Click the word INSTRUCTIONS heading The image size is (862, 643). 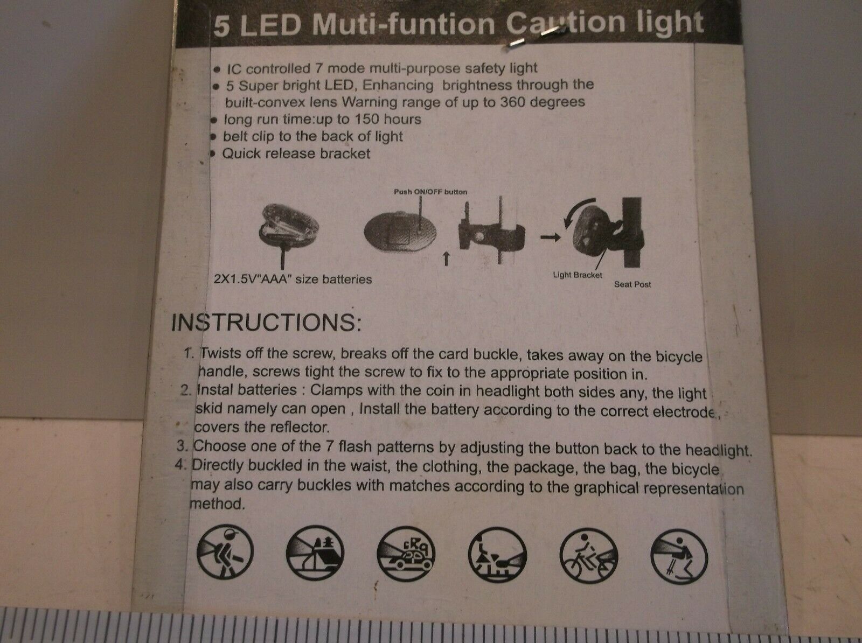point(266,323)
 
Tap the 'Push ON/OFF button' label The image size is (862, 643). point(430,192)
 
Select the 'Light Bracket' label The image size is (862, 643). point(578,275)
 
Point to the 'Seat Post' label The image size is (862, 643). point(632,284)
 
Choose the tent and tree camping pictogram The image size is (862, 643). point(315,553)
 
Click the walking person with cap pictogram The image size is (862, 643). point(225,551)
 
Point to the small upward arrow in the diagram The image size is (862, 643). point(446,259)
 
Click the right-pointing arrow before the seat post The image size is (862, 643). point(550,237)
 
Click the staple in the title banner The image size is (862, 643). point(536,38)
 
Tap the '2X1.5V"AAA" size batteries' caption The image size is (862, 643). point(293,279)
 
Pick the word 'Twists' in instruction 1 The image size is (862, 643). point(220,353)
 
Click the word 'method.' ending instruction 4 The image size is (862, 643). point(217,504)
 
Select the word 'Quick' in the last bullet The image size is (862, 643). point(241,153)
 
